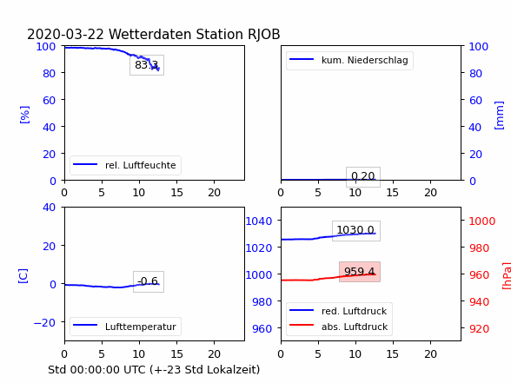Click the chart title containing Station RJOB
154,34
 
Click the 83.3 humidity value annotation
147,65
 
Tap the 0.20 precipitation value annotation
363,176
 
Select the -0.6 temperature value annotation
149,281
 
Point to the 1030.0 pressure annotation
356,231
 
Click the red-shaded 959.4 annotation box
360,272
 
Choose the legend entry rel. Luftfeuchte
125,165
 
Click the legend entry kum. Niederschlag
348,60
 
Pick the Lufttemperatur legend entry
125,327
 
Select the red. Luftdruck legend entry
339,311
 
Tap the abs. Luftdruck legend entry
339,327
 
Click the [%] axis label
24,115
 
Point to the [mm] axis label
499,116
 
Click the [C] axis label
23,276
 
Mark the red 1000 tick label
481,221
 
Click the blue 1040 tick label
259,221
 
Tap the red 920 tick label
479,328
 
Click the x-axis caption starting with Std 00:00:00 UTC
154,370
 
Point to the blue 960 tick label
262,328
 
